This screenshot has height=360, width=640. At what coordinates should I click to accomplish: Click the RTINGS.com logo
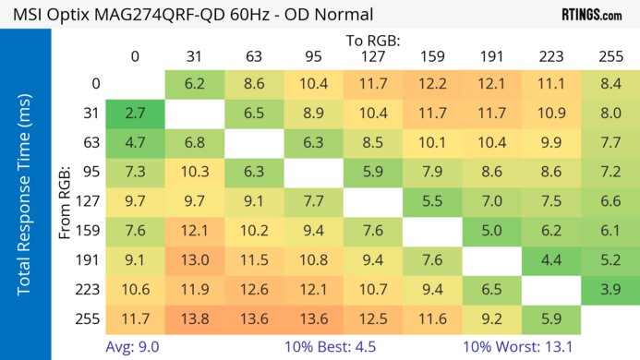pyautogui.click(x=591, y=15)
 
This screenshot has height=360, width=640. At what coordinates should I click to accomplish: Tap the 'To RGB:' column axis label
pyautogui.click(x=373, y=41)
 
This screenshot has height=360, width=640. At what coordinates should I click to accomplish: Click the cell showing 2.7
pyautogui.click(x=135, y=114)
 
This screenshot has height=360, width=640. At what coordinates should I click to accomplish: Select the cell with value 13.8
pyautogui.click(x=194, y=320)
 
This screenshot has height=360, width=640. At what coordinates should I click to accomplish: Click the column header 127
pyautogui.click(x=372, y=56)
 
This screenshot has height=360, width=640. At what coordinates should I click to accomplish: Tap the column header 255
pyautogui.click(x=610, y=56)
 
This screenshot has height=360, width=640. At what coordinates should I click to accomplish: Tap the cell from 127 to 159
pyautogui.click(x=431, y=202)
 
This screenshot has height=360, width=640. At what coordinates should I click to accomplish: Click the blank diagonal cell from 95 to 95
pyautogui.click(x=313, y=173)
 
